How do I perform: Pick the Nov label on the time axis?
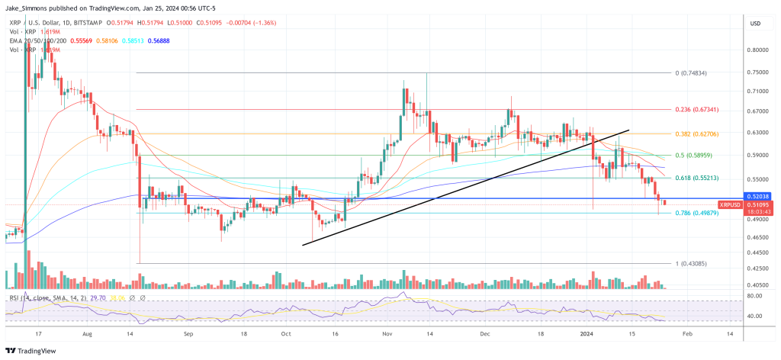(386, 334)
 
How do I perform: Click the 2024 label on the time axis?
(587, 334)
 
